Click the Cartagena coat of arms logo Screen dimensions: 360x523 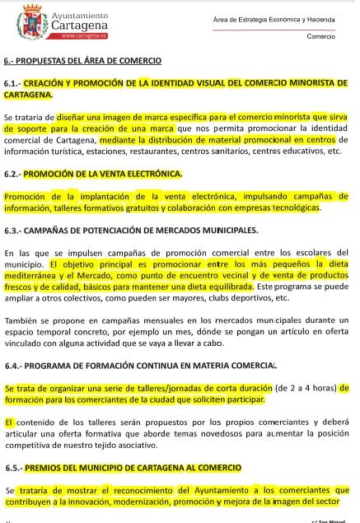tap(30, 24)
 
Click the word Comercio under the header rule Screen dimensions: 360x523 tap(320, 36)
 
